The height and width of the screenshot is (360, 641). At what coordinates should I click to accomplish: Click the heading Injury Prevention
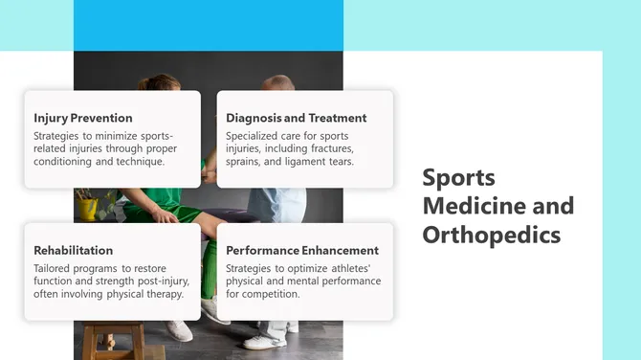tap(82, 118)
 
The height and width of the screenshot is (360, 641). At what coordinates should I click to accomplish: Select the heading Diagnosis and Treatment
tap(296, 118)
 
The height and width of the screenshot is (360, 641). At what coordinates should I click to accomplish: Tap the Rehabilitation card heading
tap(73, 250)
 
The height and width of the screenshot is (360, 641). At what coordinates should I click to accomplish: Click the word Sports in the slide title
tap(459, 177)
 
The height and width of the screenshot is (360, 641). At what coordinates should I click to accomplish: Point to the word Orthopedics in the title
tap(491, 235)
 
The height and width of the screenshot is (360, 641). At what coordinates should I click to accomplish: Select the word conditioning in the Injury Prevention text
tap(65, 162)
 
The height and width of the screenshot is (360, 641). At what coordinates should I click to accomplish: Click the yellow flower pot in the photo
tap(88, 207)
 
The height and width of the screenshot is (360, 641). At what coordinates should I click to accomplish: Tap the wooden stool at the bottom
tap(113, 339)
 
